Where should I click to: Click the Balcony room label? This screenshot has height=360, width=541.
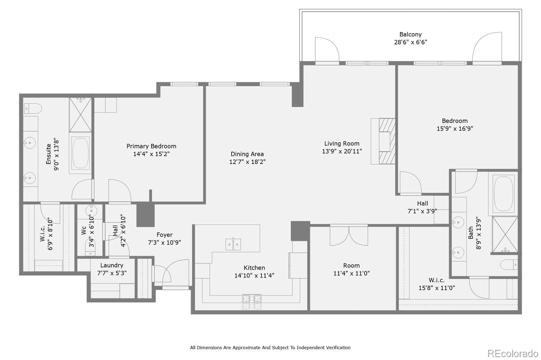point(410,35)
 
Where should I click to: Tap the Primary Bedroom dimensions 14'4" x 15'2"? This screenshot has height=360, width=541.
point(151,154)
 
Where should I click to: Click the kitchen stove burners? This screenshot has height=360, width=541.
point(252,302)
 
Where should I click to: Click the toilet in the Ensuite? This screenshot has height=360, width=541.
point(33,108)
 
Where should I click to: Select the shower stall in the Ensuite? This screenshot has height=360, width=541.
point(80,115)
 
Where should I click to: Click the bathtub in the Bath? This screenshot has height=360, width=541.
point(504,194)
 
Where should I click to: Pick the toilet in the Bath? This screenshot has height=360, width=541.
point(509,265)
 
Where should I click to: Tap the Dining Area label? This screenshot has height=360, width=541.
point(247,154)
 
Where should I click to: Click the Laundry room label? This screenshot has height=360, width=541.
point(112,265)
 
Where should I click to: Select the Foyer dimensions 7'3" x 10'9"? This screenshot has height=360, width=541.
point(164,243)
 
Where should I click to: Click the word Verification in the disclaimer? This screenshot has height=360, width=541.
point(336,348)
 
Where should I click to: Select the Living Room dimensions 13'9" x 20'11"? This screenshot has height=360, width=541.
point(342,151)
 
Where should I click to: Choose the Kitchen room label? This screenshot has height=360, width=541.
point(254,268)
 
